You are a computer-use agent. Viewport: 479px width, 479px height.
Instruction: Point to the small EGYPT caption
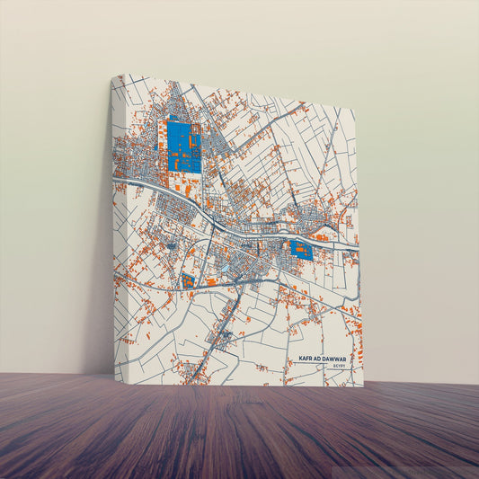[x=339, y=367]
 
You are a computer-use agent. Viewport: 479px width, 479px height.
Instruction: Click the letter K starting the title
[x=300, y=359]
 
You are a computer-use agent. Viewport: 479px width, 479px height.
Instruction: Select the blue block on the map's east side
[x=300, y=250]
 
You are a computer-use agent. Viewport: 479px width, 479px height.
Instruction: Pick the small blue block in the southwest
[x=188, y=281]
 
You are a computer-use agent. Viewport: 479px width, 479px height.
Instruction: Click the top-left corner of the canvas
[x=111, y=75]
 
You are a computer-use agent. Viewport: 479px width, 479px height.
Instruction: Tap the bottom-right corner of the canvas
[x=363, y=386]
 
